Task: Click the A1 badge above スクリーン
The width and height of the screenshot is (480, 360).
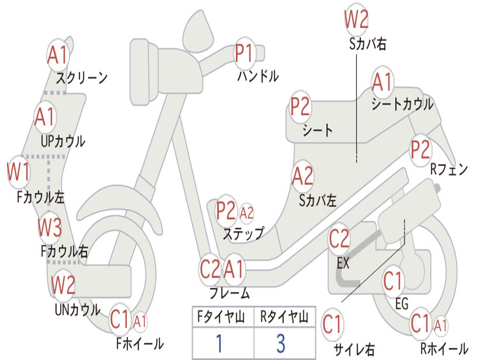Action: (x=58, y=56)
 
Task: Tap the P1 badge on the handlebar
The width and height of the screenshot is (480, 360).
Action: (x=244, y=53)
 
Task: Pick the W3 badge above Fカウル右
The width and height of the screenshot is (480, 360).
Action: (x=50, y=229)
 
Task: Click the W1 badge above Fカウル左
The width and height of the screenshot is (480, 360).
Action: (x=18, y=172)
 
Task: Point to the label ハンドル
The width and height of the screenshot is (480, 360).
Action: (x=257, y=76)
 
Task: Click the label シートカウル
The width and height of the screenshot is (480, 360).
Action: (x=402, y=104)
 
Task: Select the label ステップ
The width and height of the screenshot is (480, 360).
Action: (x=243, y=233)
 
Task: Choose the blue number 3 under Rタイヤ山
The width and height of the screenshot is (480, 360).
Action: (x=280, y=344)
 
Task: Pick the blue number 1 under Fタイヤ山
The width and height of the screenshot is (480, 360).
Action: (x=218, y=344)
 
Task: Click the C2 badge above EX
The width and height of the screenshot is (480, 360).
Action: (x=339, y=239)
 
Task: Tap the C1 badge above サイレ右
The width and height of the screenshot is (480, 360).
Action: (x=332, y=324)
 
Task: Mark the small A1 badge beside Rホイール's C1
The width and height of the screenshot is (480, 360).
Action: (x=441, y=324)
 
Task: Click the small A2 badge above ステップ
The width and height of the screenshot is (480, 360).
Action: (x=247, y=213)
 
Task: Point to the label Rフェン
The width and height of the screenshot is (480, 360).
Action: (x=449, y=170)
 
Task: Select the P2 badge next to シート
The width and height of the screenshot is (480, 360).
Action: (x=300, y=107)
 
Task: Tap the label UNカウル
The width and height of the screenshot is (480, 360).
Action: (x=77, y=310)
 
